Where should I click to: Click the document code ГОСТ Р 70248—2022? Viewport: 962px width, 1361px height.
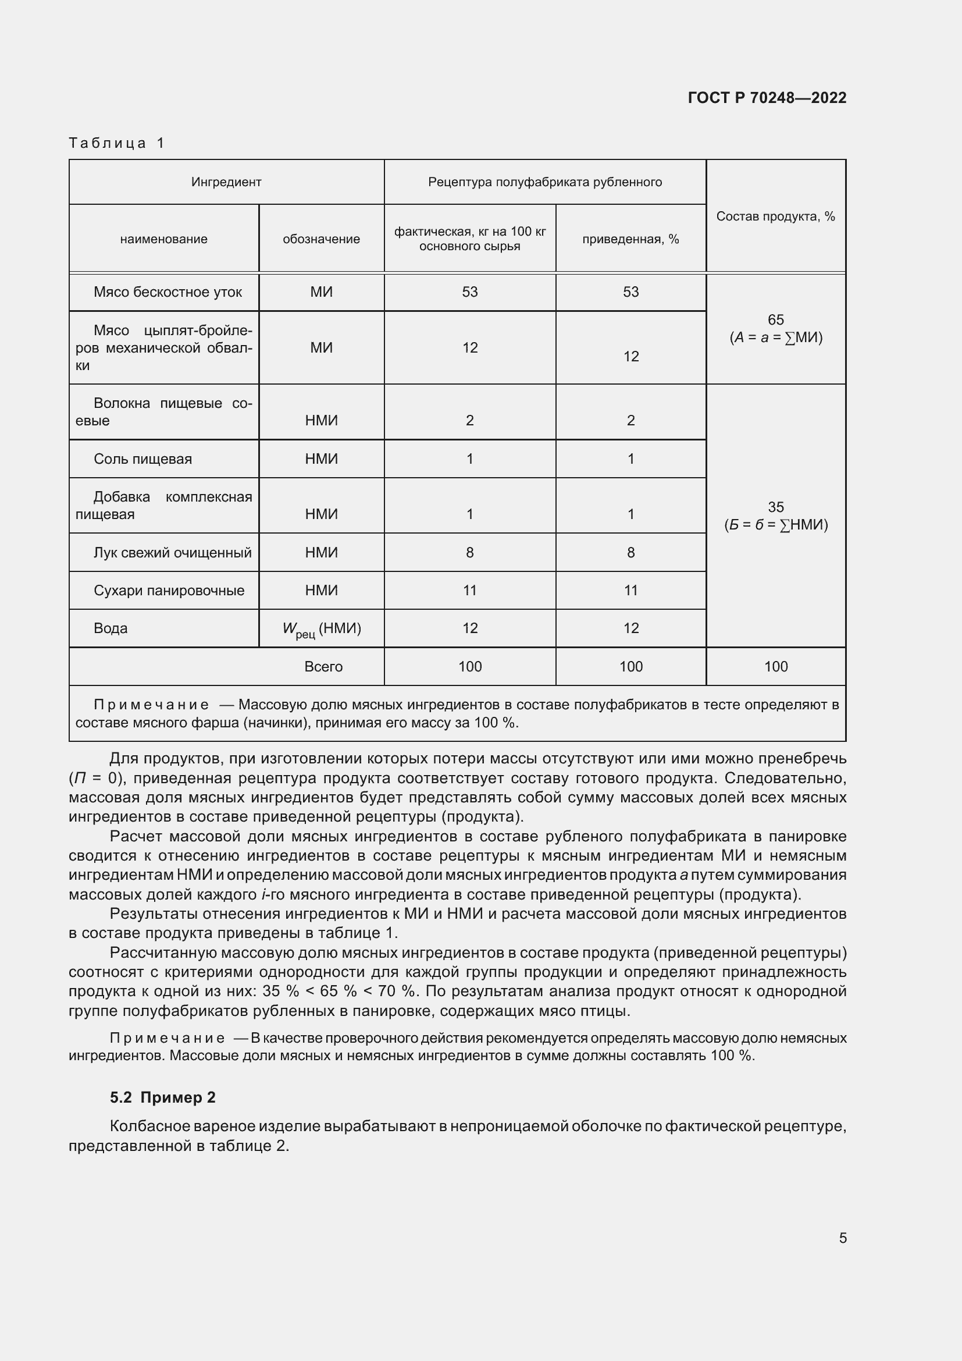point(767,98)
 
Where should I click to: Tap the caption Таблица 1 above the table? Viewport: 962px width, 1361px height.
point(117,143)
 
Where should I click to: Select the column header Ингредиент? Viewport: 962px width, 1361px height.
point(226,182)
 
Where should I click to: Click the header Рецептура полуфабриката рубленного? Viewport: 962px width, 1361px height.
point(544,182)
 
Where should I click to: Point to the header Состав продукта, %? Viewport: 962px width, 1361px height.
point(775,216)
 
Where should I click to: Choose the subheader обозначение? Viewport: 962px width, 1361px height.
point(321,239)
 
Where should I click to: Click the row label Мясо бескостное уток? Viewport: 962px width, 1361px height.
point(168,292)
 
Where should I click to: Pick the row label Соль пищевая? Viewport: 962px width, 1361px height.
point(142,459)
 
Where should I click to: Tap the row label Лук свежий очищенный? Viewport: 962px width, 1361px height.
point(172,552)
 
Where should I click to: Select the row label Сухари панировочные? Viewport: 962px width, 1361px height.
point(169,591)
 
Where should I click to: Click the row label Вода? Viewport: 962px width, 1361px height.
point(111,628)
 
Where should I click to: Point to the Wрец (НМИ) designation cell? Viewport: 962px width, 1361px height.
point(322,630)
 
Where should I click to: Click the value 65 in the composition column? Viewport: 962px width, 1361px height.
point(775,320)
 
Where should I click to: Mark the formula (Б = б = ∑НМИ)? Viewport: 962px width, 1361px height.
point(775,525)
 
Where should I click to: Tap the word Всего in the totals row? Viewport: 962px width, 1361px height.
point(323,667)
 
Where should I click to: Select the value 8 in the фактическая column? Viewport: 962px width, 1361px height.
point(470,552)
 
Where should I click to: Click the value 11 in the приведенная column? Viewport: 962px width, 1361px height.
point(630,591)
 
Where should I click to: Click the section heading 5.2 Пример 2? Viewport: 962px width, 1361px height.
point(162,1097)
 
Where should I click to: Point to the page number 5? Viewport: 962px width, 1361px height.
point(842,1238)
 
